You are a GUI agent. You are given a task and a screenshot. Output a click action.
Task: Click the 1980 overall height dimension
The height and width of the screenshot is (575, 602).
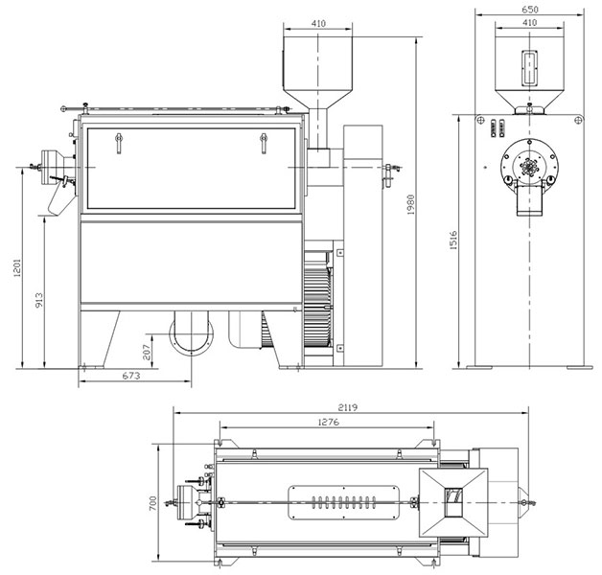click(411, 204)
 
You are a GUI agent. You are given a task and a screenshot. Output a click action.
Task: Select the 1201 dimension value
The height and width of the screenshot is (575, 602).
click(17, 267)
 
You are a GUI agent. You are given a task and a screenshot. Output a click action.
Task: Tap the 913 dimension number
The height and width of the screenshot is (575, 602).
click(39, 300)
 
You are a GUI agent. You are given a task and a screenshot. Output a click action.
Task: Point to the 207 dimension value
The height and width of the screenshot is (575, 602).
click(147, 352)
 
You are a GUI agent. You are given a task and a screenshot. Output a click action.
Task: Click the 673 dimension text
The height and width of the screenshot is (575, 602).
click(131, 376)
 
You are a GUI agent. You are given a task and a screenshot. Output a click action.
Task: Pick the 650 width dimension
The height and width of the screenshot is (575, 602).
click(530, 10)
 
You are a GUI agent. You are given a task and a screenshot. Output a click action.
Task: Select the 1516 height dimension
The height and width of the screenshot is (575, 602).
click(453, 241)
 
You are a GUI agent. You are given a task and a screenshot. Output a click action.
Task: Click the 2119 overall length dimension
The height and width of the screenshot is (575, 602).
click(348, 407)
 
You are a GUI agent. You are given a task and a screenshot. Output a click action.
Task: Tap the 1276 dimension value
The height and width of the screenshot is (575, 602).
click(329, 422)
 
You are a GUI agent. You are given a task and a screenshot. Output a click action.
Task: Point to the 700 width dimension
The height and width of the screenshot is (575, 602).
click(152, 503)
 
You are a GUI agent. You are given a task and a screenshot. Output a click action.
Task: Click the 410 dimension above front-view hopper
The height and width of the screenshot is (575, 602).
click(318, 23)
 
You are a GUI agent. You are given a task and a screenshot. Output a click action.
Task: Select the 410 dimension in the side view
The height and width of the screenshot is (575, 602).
click(530, 23)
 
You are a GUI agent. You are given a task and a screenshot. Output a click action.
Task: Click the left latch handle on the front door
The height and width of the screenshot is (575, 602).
click(119, 143)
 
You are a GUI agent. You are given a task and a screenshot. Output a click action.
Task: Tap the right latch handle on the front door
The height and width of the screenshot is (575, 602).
click(264, 143)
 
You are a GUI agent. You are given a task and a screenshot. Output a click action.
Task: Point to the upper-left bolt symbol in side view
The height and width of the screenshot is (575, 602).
click(480, 120)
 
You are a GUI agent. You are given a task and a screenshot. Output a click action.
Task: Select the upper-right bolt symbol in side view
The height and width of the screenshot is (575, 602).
click(579, 120)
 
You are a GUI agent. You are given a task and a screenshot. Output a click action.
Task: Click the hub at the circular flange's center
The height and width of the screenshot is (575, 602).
click(529, 167)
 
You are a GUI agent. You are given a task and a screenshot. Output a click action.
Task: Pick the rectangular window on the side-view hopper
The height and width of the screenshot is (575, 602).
click(529, 67)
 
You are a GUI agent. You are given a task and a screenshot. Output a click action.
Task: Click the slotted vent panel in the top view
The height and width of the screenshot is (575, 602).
click(343, 502)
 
